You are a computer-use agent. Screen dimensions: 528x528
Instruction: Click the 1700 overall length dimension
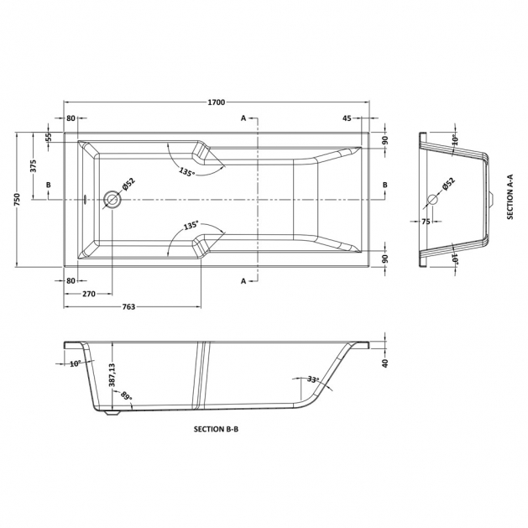click(x=216, y=102)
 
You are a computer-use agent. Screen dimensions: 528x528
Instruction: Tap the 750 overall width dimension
click(x=18, y=200)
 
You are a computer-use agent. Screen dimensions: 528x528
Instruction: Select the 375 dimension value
click(x=34, y=166)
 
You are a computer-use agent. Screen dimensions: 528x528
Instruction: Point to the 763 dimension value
click(x=128, y=306)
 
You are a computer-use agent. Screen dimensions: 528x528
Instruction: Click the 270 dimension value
click(x=89, y=294)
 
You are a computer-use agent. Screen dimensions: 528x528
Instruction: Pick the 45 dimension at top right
click(x=347, y=118)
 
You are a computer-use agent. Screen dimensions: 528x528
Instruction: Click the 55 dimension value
click(x=49, y=137)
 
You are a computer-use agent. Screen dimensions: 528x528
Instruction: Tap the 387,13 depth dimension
click(x=112, y=374)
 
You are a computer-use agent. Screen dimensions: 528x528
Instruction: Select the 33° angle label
click(x=313, y=379)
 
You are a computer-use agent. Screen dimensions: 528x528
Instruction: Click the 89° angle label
click(x=127, y=395)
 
